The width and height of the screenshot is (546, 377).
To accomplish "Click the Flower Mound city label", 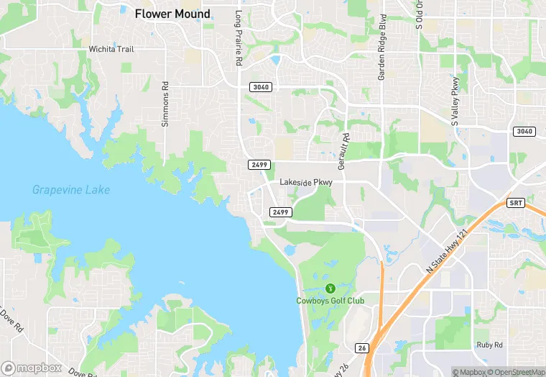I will (172, 14).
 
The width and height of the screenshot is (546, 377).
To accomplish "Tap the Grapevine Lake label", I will (71, 190).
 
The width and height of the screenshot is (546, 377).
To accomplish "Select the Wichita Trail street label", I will (111, 49).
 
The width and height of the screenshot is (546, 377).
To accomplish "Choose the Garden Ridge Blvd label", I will (381, 47).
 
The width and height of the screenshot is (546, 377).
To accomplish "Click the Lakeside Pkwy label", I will (306, 183).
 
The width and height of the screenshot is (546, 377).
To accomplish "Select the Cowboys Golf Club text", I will (330, 301).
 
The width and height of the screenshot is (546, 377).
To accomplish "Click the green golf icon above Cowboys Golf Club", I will (330, 288).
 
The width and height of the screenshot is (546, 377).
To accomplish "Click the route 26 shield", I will (362, 348).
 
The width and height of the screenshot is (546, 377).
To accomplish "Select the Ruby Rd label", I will (490, 345).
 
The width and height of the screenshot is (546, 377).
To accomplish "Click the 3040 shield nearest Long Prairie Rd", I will (261, 87).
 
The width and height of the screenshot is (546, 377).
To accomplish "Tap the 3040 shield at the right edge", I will (524, 131).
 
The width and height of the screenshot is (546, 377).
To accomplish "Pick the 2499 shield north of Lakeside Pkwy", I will (260, 165).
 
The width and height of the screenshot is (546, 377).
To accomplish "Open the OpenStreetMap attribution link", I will (516, 372).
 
